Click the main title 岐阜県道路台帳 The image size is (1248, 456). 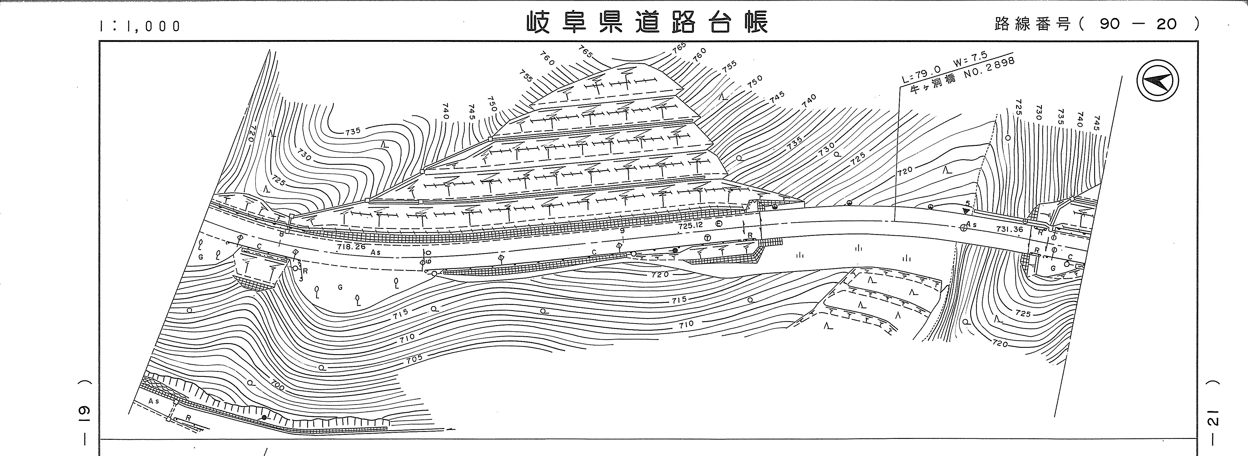[x=647, y=23]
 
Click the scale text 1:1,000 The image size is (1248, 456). [x=140, y=26]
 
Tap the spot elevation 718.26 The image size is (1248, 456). [x=351, y=246]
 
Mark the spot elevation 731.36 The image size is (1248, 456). [x=1010, y=229]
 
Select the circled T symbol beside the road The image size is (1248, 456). [x=708, y=238]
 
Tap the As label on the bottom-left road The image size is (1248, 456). [x=154, y=401]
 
